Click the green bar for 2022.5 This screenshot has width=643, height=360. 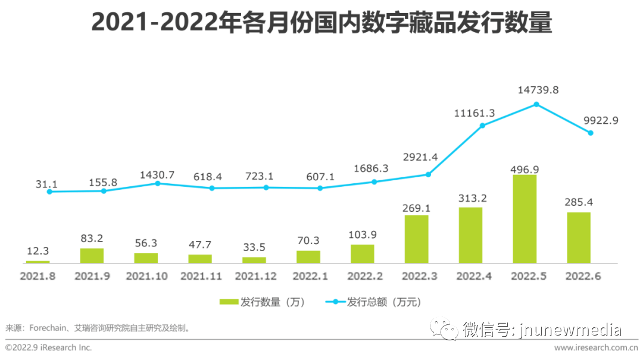[x=525, y=219]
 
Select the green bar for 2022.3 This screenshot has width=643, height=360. [x=416, y=239]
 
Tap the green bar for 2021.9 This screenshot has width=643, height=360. [x=92, y=256]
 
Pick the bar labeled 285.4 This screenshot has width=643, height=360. [x=579, y=238]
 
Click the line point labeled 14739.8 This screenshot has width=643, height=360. [x=536, y=104]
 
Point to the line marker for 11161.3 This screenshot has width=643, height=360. [x=482, y=126]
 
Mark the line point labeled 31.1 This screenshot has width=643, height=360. [x=49, y=192]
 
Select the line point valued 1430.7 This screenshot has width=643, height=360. [x=158, y=183]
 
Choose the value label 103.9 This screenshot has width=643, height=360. [x=362, y=234]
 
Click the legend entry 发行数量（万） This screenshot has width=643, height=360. [x=263, y=302]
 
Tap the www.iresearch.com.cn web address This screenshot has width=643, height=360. [x=595, y=348]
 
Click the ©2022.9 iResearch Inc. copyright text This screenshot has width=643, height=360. [x=49, y=348]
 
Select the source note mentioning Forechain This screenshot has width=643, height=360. [x=98, y=328]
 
